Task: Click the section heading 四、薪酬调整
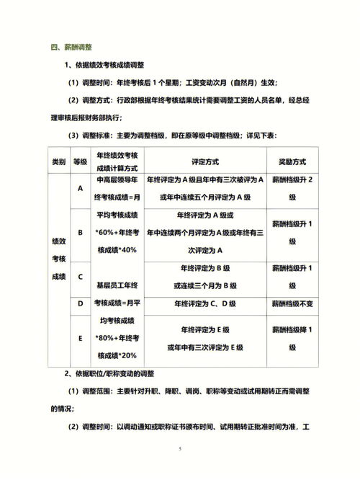pyautogui.click(x=72, y=48)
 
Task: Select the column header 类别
pyautogui.click(x=59, y=162)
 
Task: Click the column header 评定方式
pyautogui.click(x=204, y=162)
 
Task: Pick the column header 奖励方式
pyautogui.click(x=291, y=162)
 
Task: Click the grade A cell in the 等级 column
pyautogui.click(x=80, y=190)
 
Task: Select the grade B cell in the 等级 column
pyautogui.click(x=80, y=232)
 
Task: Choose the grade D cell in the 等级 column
pyautogui.click(x=80, y=303)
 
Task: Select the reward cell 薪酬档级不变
pyautogui.click(x=291, y=303)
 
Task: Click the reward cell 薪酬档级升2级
pyautogui.click(x=291, y=190)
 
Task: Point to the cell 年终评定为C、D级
pyautogui.click(x=204, y=303)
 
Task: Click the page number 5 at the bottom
pyautogui.click(x=180, y=448)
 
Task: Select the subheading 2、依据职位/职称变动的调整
pyautogui.click(x=117, y=373)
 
